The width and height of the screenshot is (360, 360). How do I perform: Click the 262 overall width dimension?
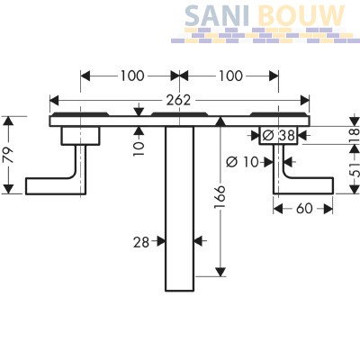[178, 100]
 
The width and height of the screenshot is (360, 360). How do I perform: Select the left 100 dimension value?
[132, 76]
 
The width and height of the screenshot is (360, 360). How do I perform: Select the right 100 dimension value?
[230, 76]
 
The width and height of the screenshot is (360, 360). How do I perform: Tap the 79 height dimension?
[9, 155]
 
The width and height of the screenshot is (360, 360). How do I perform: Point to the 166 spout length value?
[220, 196]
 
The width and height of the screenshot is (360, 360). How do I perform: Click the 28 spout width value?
[141, 242]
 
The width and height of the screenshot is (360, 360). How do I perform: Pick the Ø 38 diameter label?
[278, 136]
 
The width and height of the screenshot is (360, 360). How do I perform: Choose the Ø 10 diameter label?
[242, 162]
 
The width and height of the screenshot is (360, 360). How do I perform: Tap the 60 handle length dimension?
[304, 209]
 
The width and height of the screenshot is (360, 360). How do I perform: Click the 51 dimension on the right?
[355, 170]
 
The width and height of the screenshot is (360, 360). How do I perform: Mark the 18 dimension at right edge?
[355, 136]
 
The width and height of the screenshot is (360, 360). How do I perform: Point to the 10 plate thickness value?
[139, 148]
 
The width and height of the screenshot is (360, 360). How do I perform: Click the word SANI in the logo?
[217, 16]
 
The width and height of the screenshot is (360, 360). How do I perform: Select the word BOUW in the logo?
[301, 16]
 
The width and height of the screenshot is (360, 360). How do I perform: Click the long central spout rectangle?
[179, 209]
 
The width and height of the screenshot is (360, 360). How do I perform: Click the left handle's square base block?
[80, 136]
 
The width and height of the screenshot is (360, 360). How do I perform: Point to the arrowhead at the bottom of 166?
[220, 272]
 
